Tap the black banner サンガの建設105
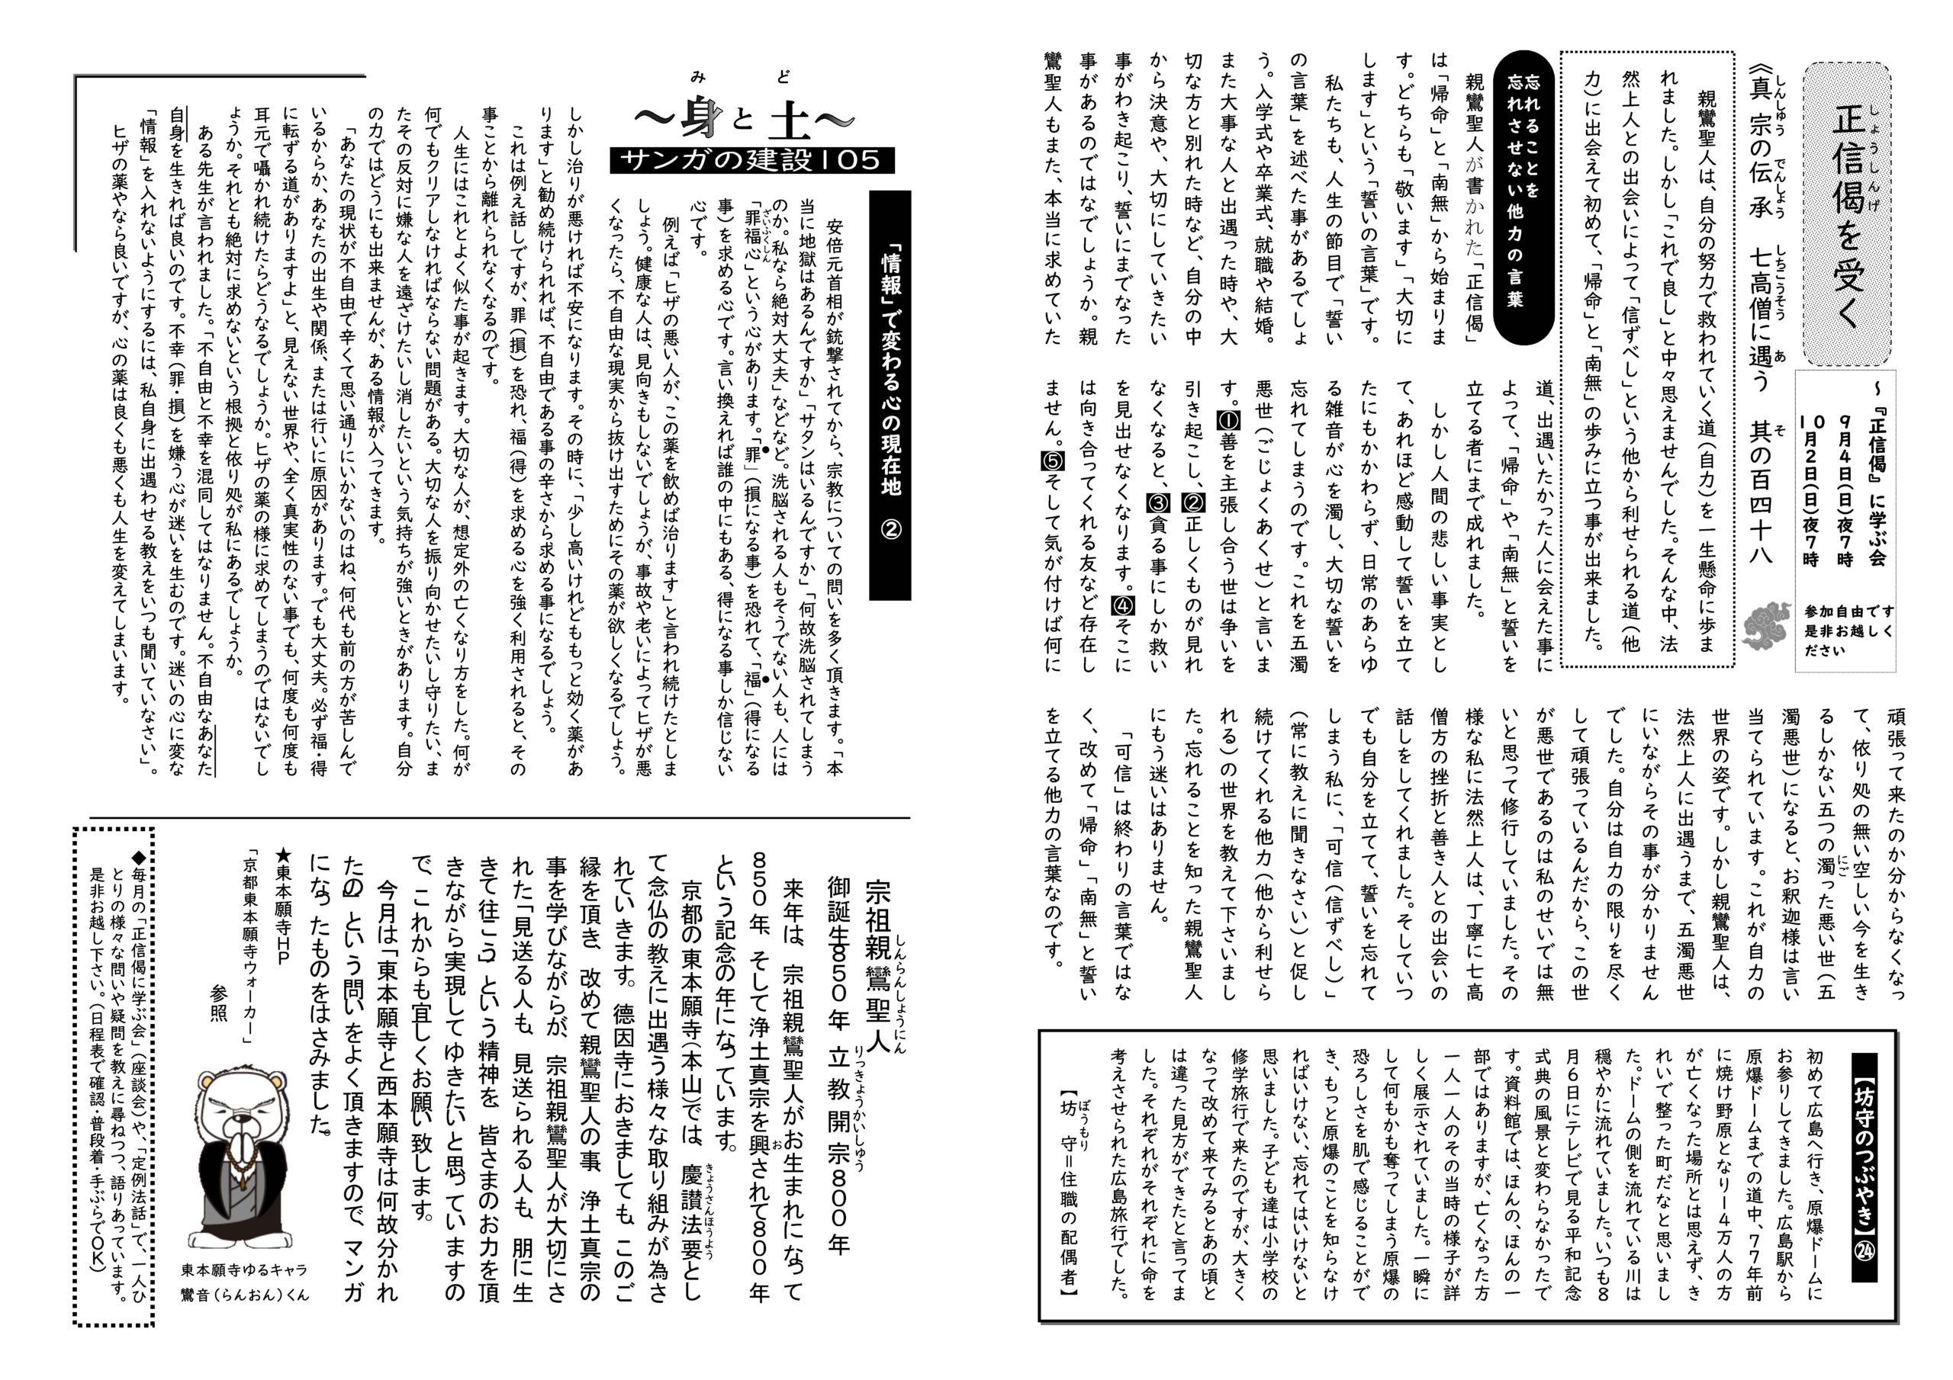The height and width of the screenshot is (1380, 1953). coord(751,160)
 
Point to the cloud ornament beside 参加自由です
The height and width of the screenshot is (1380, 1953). coord(1770,626)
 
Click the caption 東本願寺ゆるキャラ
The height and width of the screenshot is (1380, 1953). coord(244,1269)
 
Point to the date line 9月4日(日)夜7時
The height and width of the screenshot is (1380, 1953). coord(1840,492)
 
